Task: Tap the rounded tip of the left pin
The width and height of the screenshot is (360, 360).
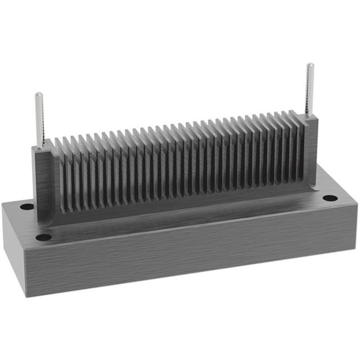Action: (x=38, y=94)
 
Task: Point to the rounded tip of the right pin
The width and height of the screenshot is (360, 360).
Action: (x=310, y=65)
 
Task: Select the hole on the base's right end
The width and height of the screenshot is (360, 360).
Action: (x=330, y=198)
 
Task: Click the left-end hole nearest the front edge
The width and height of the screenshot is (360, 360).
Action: (x=43, y=237)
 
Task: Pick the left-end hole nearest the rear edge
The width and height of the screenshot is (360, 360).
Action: (x=26, y=206)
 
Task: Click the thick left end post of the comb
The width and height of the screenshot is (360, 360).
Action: (x=44, y=180)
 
